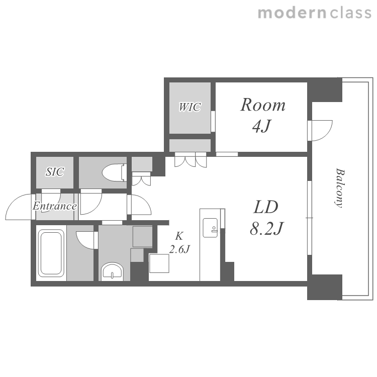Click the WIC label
click(190, 107)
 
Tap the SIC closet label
click(55, 172)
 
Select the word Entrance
click(55, 206)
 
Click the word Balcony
click(340, 188)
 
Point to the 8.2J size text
click(266, 228)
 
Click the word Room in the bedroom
click(263, 105)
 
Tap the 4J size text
click(261, 126)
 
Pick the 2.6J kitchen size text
click(179, 249)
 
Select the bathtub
click(51, 253)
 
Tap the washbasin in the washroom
click(112, 272)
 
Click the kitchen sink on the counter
click(211, 228)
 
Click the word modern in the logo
click(292, 13)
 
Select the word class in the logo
click(350, 13)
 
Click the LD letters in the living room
click(266, 207)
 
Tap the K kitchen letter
click(179, 236)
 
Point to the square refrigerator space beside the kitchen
click(159, 263)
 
